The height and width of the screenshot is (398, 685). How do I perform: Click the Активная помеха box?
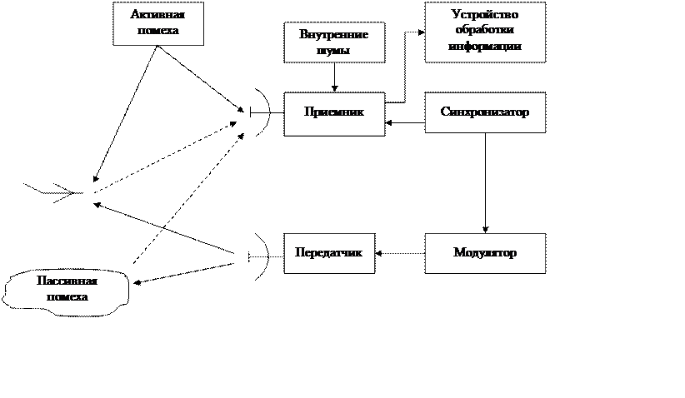pos(158,23)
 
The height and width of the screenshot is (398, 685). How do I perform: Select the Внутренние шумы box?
pos(334,42)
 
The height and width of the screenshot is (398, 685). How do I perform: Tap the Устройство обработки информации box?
pos(485,32)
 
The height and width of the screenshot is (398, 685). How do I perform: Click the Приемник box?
pos(334,114)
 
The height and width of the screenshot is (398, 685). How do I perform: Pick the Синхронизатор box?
pos(485,112)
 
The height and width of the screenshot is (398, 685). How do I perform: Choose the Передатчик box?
pos(329,254)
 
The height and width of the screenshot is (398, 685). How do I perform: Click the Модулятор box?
pos(485,254)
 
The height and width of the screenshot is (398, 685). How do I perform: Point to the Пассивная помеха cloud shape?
pos(67,292)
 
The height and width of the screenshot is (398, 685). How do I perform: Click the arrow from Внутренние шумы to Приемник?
pos(335,77)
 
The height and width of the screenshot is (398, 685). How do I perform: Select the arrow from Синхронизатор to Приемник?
pos(405,123)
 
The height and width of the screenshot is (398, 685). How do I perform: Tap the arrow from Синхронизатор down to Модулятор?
pos(485,183)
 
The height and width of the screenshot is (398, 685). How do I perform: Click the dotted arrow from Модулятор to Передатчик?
pos(400,253)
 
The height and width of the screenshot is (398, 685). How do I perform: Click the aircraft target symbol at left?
pos(53,192)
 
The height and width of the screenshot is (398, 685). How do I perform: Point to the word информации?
pos(485,46)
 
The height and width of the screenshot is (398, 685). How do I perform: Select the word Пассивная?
pos(67,281)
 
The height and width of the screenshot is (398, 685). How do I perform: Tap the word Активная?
pos(157,14)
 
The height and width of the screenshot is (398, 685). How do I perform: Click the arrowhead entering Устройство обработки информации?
pos(422,32)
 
